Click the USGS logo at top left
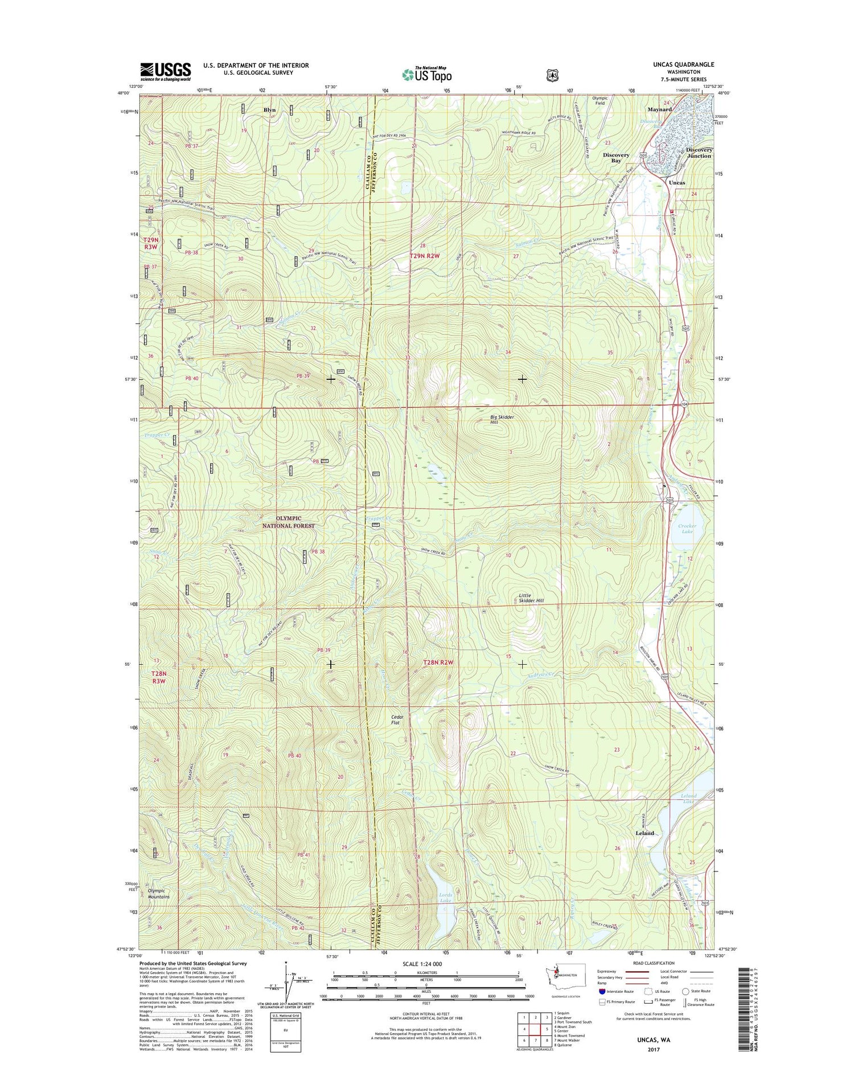[x=165, y=71]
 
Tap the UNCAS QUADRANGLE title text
[x=683, y=64]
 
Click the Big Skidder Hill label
[x=502, y=420]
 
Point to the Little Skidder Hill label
[x=531, y=598]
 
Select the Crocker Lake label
[x=687, y=529]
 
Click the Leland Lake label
[x=688, y=799]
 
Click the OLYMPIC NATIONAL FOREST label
[x=288, y=522]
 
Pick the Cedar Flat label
[x=397, y=720]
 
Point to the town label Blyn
[x=269, y=110]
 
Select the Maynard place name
[x=659, y=109]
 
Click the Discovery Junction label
[x=699, y=153]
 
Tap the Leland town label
[x=644, y=833]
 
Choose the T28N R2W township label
[x=438, y=662]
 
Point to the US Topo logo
[x=427, y=75]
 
